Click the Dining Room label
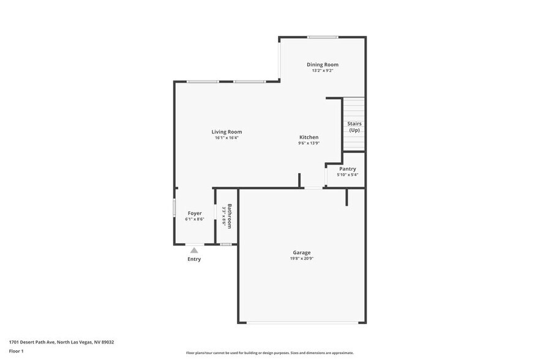point(322,64)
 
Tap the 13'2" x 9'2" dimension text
point(322,70)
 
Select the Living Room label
point(227,132)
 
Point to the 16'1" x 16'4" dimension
point(227,138)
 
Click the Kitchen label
point(309,137)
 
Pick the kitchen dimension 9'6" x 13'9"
point(309,143)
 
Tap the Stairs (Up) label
point(354,127)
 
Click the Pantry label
point(347,169)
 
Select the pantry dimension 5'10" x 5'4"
point(347,175)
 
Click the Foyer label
point(194,213)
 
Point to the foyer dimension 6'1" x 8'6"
point(194,219)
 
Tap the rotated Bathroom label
point(230,216)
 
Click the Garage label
point(301,252)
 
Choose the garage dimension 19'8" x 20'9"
point(301,258)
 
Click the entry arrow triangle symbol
point(194,250)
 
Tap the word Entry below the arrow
point(194,259)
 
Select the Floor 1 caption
point(16,351)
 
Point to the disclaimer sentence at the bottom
point(269,353)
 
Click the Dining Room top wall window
point(323,37)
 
